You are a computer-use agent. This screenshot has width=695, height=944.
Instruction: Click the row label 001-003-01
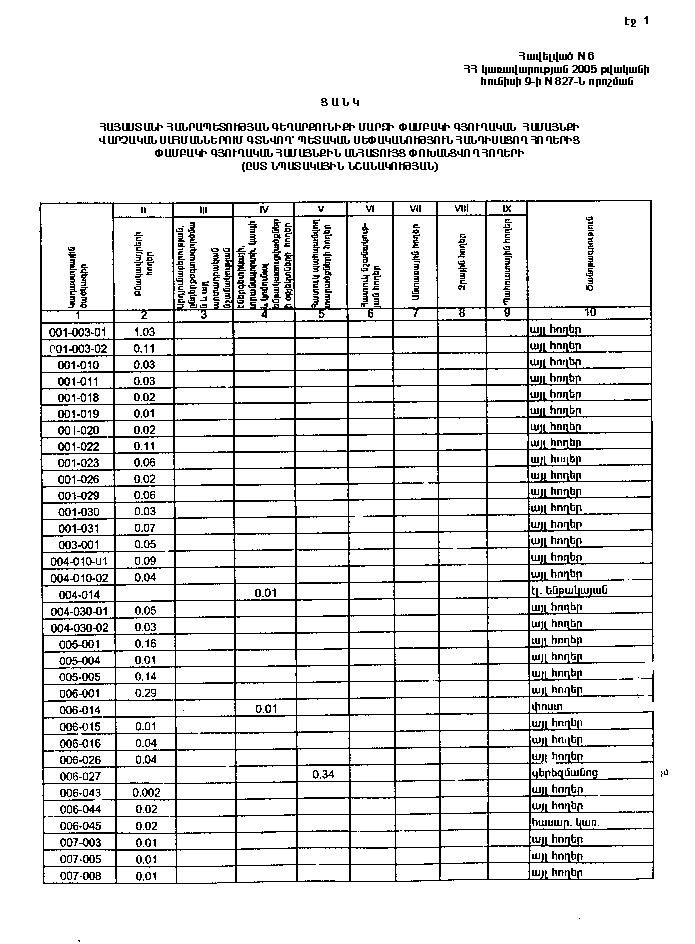[x=77, y=331]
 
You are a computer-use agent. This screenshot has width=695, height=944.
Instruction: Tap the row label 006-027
[x=77, y=775]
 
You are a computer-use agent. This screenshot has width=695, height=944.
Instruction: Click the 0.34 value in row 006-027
[x=322, y=775]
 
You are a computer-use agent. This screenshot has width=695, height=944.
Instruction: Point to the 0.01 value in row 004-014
[x=265, y=593]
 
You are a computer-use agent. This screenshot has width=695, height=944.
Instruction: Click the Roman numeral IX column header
[x=507, y=208]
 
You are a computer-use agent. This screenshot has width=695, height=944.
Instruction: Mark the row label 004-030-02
[x=77, y=627]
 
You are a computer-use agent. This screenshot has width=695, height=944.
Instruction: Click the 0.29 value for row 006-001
[x=146, y=692]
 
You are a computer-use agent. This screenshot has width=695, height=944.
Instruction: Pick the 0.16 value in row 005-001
[x=146, y=644]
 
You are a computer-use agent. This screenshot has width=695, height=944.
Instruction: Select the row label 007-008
[x=77, y=876]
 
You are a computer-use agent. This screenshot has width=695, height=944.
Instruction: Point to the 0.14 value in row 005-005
[x=146, y=676]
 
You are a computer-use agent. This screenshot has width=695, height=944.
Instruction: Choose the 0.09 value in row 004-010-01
[x=146, y=560]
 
